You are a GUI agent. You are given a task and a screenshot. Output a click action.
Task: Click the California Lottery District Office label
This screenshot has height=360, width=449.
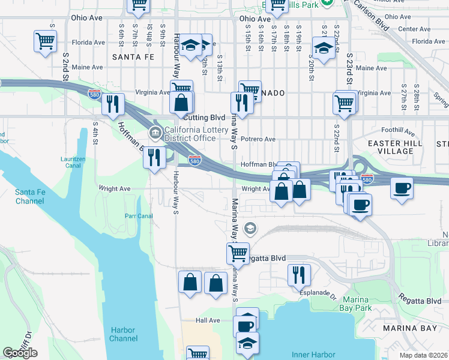pos(190,134)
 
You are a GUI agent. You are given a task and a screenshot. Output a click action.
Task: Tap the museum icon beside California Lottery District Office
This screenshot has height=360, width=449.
pos(155,132)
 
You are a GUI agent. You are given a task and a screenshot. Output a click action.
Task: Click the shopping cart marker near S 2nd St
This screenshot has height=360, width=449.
pos(45,42)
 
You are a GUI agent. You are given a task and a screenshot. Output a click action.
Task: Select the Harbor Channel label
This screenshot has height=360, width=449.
pos(124,334)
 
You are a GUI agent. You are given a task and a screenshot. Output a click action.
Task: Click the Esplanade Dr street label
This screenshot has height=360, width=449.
pos(318,293)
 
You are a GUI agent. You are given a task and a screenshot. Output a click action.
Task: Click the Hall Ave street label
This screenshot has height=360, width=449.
pos(208,320)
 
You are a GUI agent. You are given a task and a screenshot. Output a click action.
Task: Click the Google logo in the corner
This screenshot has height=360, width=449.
pos(20,353)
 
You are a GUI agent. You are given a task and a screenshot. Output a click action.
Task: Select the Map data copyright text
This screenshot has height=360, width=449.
pos(424,355)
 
